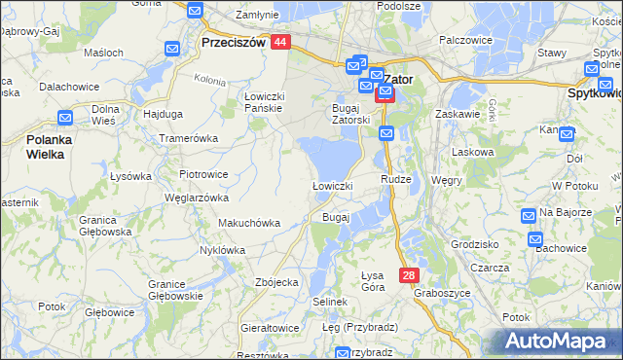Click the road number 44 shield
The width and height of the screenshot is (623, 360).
point(280,43)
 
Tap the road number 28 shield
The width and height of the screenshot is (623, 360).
point(408,275)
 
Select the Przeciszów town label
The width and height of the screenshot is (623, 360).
point(233,44)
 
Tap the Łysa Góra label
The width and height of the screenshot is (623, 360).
point(373,278)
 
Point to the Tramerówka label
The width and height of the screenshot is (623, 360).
point(189,138)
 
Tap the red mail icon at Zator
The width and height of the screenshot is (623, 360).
point(385,93)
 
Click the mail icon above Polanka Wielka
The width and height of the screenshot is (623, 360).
point(65,118)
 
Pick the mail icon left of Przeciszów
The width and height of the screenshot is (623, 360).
point(173,49)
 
